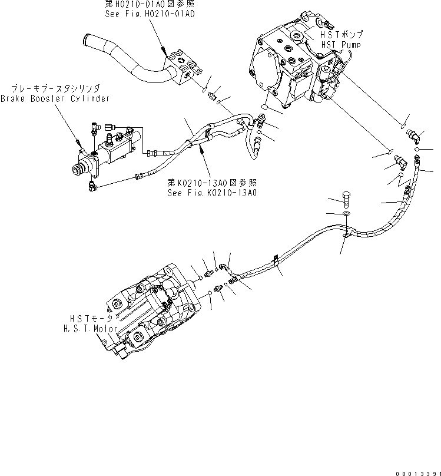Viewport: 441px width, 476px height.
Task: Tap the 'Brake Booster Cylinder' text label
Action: (55, 98)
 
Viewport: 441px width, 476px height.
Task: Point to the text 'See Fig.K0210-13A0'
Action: (213, 193)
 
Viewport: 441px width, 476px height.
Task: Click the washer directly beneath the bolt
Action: (346, 213)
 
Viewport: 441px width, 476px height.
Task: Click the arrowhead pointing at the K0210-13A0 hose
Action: (204, 150)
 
